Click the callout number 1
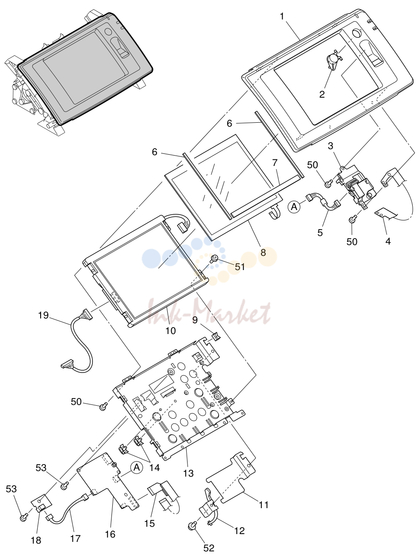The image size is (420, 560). click(282, 16)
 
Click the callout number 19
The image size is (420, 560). click(43, 315)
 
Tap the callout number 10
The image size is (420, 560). click(171, 331)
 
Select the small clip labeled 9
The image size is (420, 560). click(216, 336)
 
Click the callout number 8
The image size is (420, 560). click(263, 252)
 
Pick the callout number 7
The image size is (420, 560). click(275, 162)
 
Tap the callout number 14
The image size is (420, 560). click(154, 468)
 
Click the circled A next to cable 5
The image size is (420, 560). click(294, 207)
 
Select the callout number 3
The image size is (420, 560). click(331, 146)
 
